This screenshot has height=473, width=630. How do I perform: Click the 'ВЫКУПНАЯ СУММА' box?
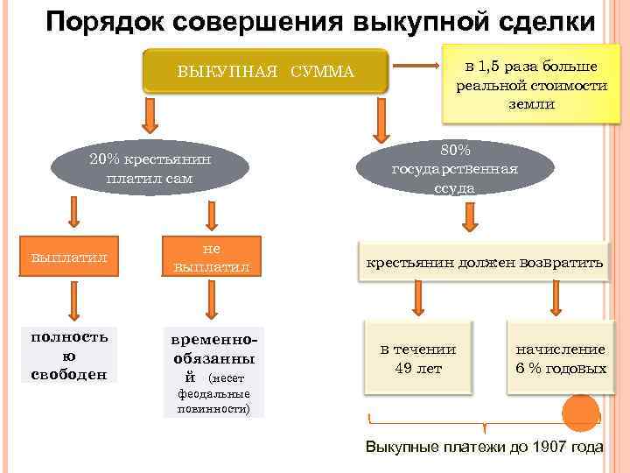[265, 71]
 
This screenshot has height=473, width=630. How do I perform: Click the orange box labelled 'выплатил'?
[68, 258]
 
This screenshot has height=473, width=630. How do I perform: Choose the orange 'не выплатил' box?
[211, 257]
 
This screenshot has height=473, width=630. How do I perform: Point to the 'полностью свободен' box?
[68, 356]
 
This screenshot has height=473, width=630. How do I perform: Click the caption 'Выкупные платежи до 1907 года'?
[484, 447]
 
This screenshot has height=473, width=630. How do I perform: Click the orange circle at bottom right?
[579, 412]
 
